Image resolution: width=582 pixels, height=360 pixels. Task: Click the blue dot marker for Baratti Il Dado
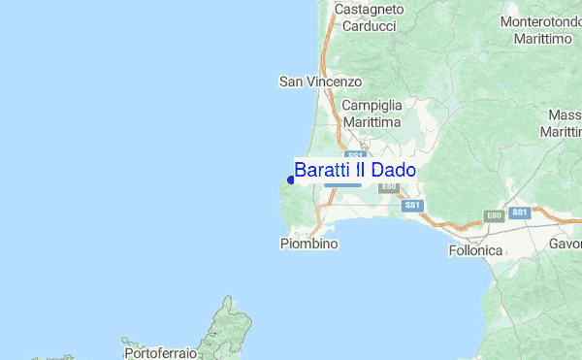(291, 180)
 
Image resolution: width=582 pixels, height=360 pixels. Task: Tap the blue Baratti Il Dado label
(355, 170)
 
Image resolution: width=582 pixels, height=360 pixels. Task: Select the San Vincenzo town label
(320, 82)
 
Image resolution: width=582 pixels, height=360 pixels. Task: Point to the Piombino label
(308, 244)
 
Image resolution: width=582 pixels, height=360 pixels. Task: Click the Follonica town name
(476, 250)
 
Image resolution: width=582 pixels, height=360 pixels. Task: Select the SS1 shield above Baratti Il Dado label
(355, 155)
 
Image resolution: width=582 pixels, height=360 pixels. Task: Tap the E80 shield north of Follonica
(494, 216)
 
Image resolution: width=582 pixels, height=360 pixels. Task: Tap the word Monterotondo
(540, 20)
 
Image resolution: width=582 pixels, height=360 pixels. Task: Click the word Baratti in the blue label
(320, 170)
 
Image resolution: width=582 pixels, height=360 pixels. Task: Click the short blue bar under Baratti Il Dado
(342, 184)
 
